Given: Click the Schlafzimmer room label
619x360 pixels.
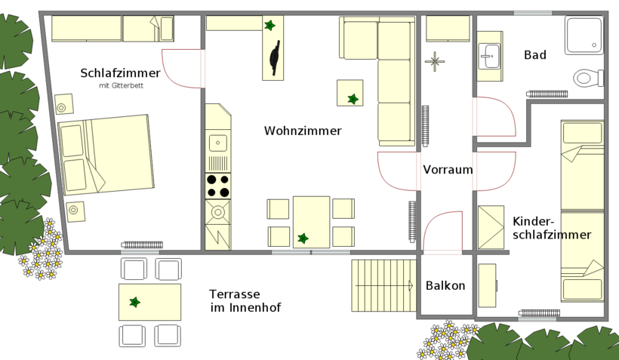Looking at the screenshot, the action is click(121, 73).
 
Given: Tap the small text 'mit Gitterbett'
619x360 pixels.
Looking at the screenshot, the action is click(122, 85).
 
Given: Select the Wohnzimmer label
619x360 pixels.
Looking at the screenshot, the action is click(303, 131).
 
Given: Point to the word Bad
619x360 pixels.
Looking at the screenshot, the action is click(535, 55).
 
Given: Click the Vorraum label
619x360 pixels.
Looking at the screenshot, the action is click(448, 170).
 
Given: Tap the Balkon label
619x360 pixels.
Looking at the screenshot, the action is click(445, 285).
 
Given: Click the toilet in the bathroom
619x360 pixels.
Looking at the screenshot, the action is click(588, 78).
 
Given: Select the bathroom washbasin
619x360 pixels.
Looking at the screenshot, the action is click(489, 57).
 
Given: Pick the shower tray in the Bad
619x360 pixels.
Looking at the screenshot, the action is click(584, 35).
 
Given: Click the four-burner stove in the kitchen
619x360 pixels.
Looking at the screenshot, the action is click(218, 186).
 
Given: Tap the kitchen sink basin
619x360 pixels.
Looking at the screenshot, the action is click(218, 143).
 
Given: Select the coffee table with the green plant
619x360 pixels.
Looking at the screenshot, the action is click(350, 93).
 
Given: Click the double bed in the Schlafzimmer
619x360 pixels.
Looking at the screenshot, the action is click(106, 155).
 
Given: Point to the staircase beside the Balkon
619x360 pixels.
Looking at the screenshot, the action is click(383, 285).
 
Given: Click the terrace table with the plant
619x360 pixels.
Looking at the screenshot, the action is click(150, 302).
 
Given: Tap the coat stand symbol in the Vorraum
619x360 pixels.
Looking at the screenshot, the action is click(435, 62).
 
